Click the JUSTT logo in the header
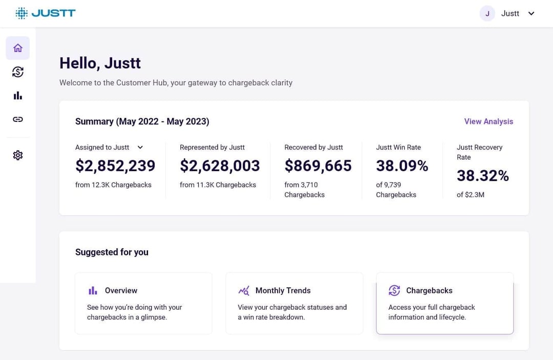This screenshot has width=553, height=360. tap(46, 13)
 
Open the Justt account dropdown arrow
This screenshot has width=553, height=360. tap(531, 14)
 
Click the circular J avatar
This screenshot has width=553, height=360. tap(487, 14)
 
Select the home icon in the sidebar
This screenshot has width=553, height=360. tap(18, 48)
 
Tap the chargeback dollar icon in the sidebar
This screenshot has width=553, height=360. tap(18, 72)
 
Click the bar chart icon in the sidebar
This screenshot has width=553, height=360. tap(18, 96)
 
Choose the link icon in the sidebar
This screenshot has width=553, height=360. tap(18, 119)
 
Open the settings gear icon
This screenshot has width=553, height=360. tap(18, 155)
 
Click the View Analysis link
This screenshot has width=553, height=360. tap(488, 121)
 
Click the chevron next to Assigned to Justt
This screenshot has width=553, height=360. tap(140, 147)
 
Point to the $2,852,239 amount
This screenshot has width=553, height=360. tap(115, 166)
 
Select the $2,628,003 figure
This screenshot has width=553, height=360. tap(220, 166)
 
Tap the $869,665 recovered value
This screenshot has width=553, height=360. tap(318, 166)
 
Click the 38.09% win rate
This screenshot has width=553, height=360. tap(402, 166)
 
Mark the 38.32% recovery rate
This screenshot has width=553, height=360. tap(482, 176)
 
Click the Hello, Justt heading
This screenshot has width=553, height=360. tap(100, 63)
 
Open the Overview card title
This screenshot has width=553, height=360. tap(121, 290)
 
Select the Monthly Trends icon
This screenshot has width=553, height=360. tap(244, 290)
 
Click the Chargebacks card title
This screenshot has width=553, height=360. tap(429, 290)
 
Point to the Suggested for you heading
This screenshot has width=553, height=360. tap(112, 252)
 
